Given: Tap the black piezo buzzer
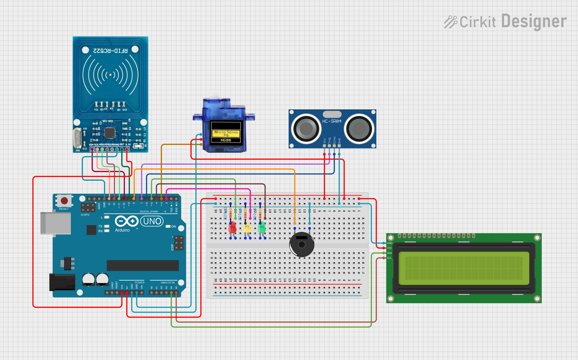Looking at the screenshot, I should (302, 244).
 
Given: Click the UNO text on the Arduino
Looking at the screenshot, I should (152, 221).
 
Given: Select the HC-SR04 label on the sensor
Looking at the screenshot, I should (332, 121).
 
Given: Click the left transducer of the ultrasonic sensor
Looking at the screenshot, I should (306, 129).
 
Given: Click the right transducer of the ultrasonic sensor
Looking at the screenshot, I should (359, 129).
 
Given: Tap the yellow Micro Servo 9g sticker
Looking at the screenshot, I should (226, 133).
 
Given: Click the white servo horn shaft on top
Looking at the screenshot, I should (214, 95).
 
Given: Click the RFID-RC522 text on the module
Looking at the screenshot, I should (110, 51).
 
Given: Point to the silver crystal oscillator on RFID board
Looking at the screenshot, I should (77, 138).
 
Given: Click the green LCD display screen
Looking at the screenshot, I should (464, 268).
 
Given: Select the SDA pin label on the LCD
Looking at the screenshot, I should (389, 253).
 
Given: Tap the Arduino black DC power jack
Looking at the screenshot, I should (62, 282).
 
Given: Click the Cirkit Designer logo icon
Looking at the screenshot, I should (450, 22).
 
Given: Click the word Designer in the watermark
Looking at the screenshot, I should (534, 21).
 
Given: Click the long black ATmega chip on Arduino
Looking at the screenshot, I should (143, 265).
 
